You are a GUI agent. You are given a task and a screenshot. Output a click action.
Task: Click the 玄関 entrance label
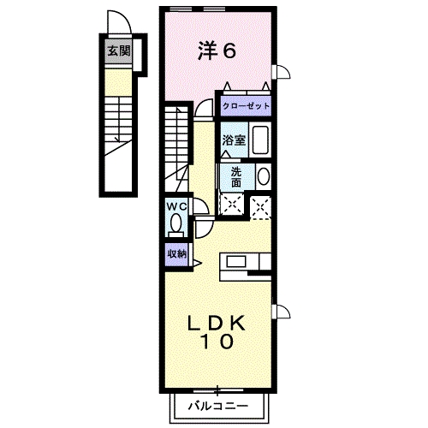point(119,51)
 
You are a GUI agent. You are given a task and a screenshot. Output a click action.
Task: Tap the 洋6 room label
point(217,51)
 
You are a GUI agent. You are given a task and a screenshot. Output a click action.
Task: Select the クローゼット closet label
point(247,106)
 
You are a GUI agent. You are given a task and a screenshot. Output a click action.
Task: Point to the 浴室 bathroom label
point(235,140)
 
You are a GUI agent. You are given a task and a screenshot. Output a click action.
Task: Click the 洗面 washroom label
point(235,175)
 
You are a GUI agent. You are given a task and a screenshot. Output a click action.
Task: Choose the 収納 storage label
point(176,253)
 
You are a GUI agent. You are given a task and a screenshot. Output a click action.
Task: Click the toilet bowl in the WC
point(176,224)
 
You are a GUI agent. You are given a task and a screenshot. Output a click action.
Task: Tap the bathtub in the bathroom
point(260,140)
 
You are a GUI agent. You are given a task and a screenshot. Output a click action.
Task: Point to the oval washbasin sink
point(263,176)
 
